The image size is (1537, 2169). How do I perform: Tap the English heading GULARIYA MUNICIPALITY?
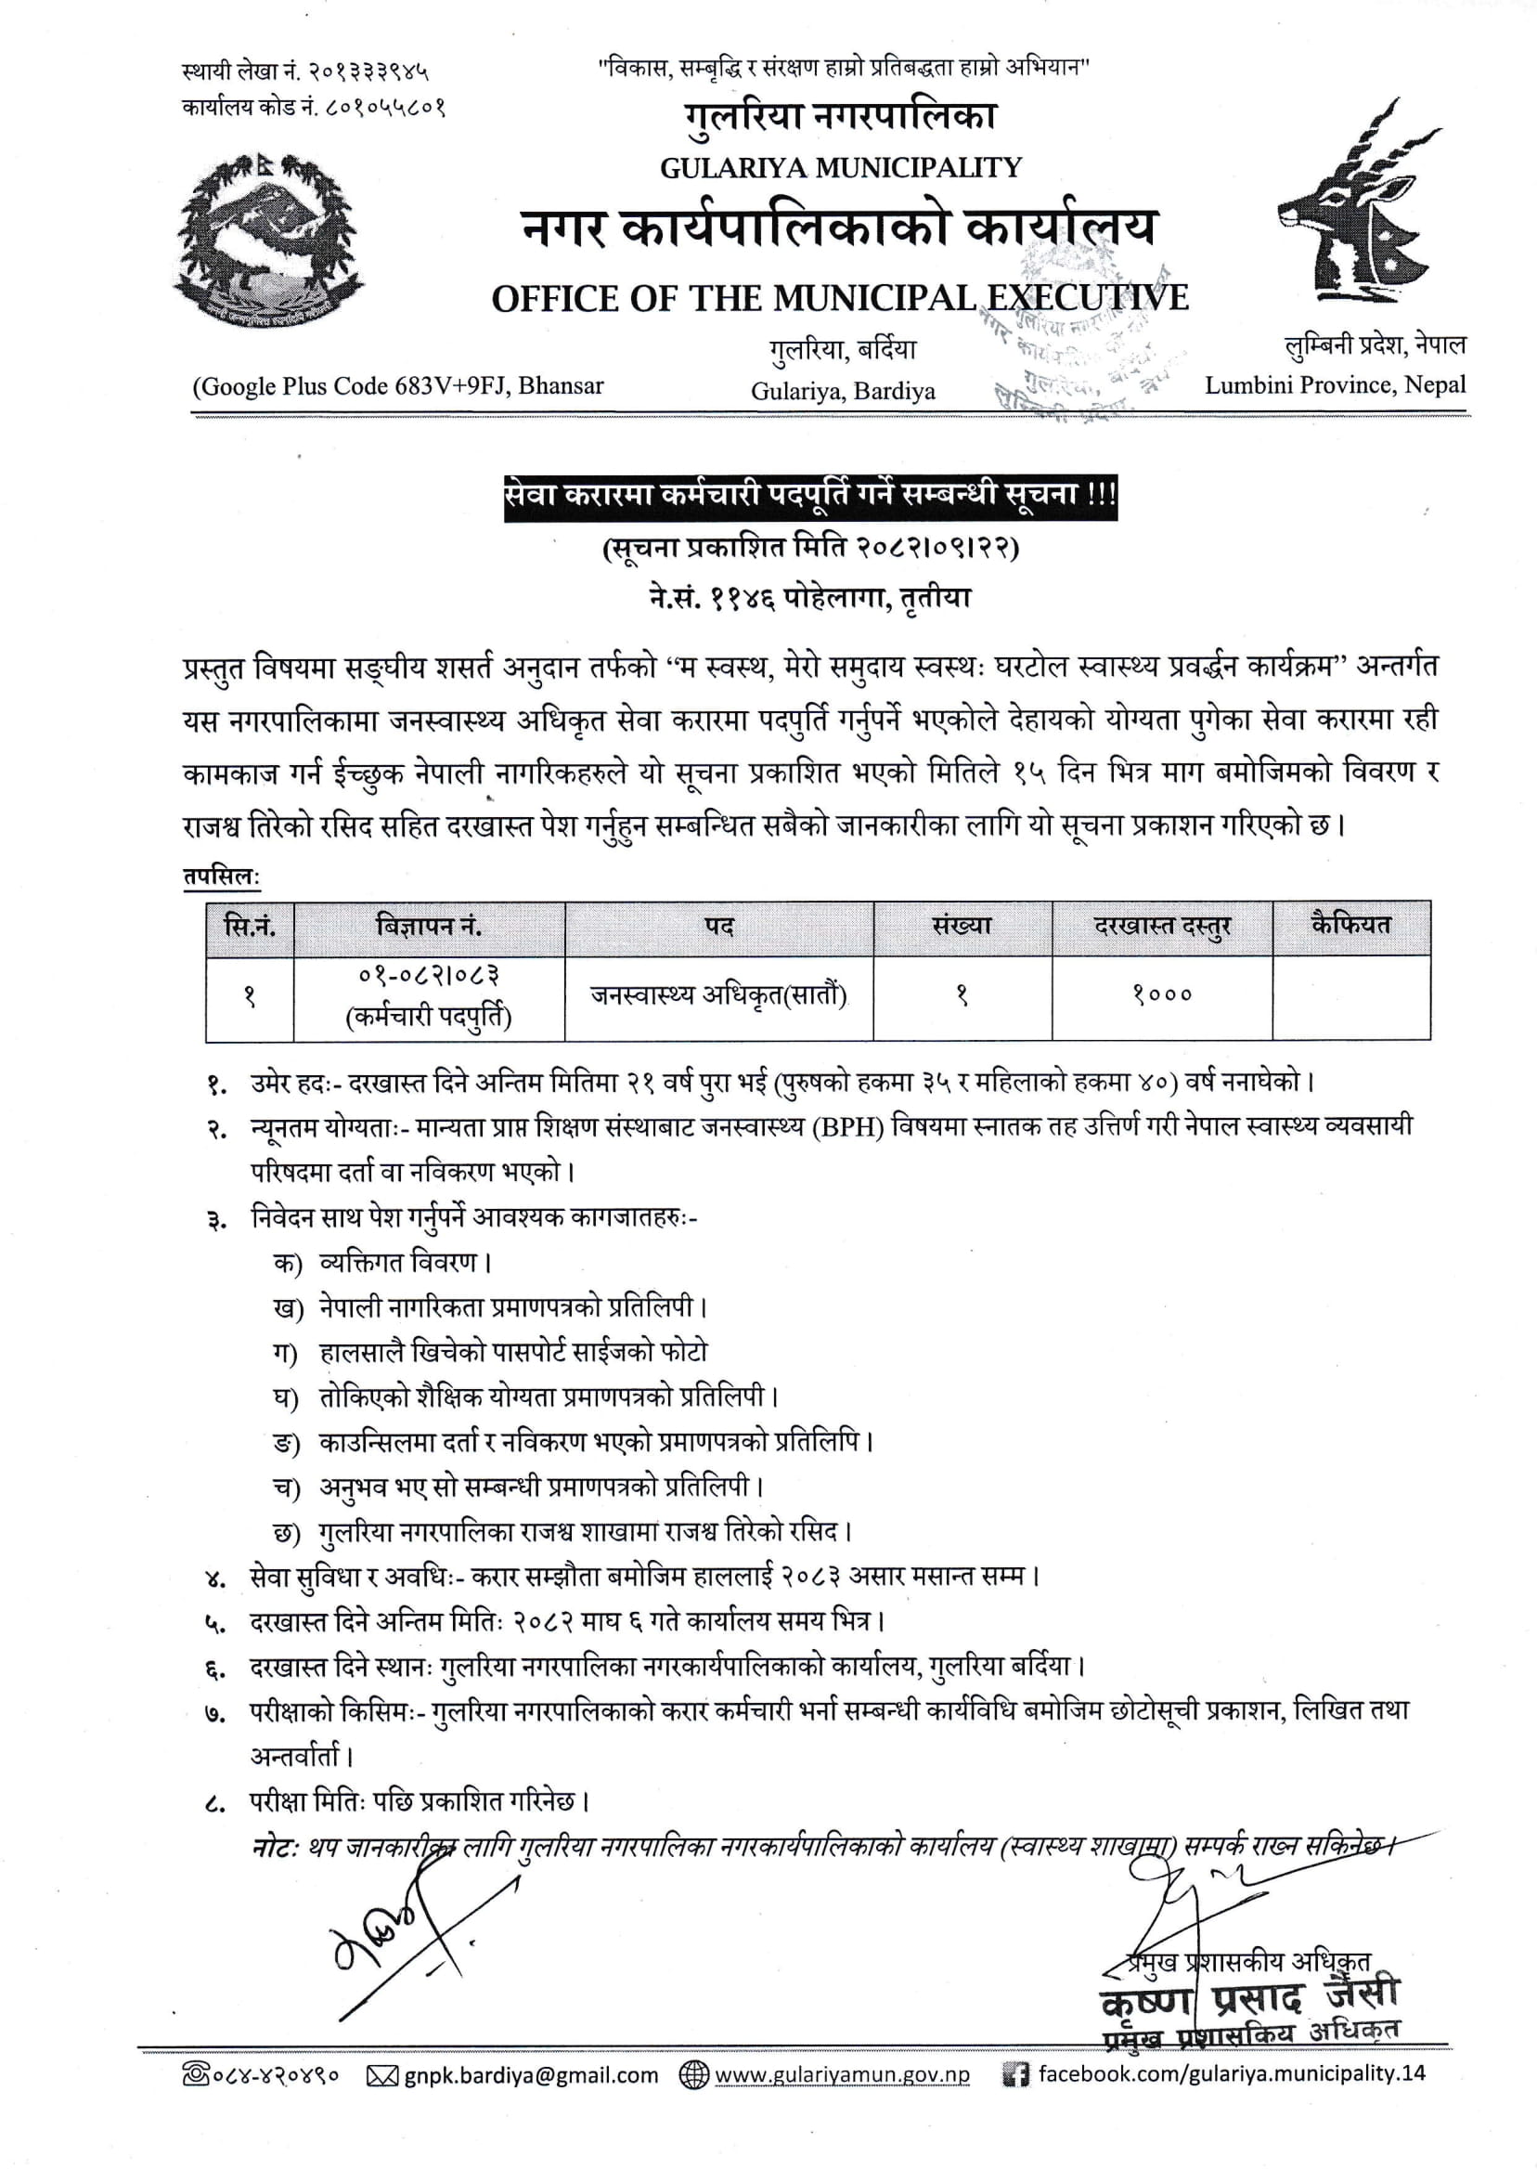840,168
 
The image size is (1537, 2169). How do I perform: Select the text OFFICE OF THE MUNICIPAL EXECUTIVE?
838,299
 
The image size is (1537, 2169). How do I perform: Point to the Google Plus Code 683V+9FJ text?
397,386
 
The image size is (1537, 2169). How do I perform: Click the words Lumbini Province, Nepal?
1335,385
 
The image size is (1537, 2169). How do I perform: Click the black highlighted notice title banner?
810,496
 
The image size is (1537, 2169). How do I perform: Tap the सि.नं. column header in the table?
249,927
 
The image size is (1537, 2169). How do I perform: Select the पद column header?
718,927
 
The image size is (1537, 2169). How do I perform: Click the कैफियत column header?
1350,925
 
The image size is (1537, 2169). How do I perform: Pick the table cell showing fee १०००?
1161,995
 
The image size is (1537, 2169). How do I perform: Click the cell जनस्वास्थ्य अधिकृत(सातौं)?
718,995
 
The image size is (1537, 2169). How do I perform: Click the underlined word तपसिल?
219,877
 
